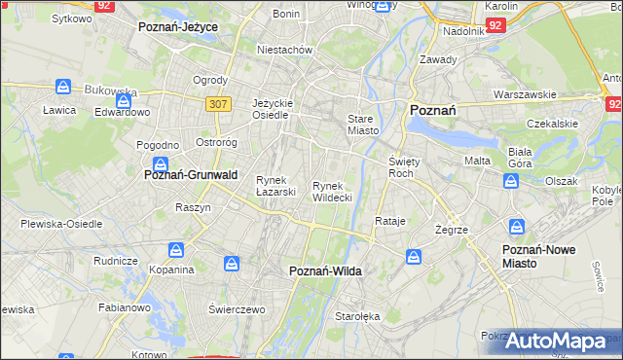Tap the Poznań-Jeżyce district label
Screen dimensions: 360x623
pos(178,27)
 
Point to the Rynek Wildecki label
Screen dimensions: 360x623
pos(332,192)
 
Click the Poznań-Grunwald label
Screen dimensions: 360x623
pos(191,175)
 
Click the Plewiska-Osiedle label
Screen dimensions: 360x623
pos(61,223)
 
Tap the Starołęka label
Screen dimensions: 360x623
pos(357,316)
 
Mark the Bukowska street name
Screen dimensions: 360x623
pos(110,90)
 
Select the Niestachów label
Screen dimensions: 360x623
pos(283,49)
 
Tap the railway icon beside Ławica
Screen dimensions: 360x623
pos(63,87)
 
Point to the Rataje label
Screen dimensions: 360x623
pos(389,221)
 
